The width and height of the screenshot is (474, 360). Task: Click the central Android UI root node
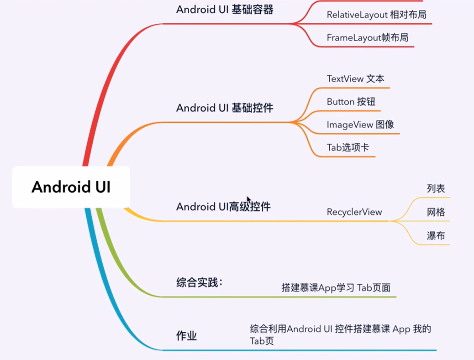(71, 187)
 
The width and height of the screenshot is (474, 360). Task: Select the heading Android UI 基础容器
(225, 10)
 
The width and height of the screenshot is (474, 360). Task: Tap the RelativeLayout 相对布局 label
(376, 15)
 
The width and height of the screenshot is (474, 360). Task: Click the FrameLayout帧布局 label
(367, 38)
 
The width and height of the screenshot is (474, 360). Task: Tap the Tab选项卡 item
(348, 148)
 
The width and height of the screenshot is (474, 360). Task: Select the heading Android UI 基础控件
(225, 108)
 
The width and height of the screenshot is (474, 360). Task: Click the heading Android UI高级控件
(223, 207)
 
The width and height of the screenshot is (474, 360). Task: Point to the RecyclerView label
(354, 212)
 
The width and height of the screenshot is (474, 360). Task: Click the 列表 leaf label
(436, 188)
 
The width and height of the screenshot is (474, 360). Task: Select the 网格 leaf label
(436, 212)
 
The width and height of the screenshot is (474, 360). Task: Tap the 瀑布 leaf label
(436, 236)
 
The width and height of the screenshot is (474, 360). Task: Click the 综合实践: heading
(200, 282)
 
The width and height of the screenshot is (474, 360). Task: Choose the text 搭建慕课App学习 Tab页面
(336, 287)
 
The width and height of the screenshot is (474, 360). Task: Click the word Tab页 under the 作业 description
(262, 341)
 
